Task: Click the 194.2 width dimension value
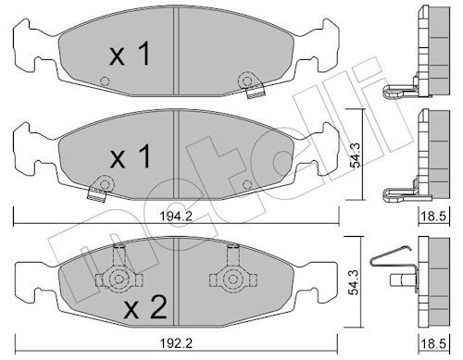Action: click(176, 216)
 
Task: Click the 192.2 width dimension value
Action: click(176, 343)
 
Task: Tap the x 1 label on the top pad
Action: click(130, 55)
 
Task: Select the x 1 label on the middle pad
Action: click(130, 156)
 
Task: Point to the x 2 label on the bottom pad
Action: click(145, 307)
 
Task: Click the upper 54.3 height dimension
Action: click(356, 155)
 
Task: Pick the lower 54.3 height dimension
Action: click(355, 282)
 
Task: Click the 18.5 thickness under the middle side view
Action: click(433, 216)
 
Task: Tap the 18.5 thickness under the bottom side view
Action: click(433, 343)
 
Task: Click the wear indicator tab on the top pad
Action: click(256, 92)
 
